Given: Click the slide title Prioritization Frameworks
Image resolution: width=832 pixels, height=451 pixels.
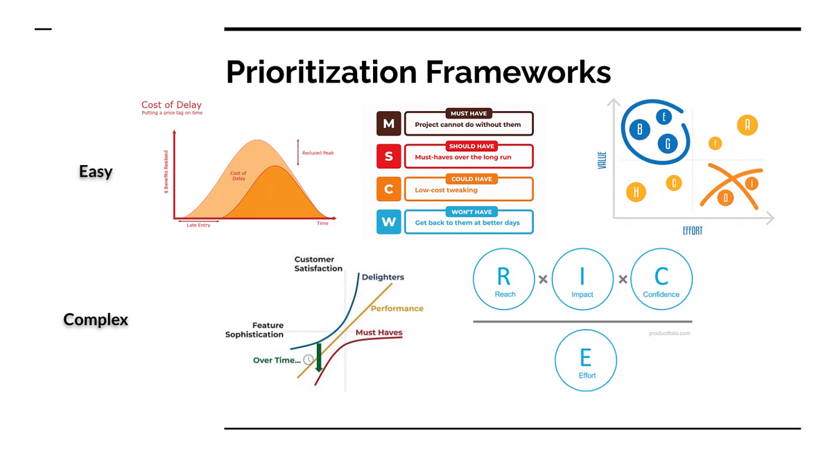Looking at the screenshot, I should point(418,72).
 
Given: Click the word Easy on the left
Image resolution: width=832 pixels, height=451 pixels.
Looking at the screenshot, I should point(96,171).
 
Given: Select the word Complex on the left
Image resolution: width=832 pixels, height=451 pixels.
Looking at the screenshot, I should point(96,319).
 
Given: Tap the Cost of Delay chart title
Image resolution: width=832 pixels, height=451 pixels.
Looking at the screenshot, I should point(171,105).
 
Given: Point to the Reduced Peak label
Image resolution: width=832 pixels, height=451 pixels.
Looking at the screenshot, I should point(318,153).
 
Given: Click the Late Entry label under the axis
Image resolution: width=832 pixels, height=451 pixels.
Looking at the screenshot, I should point(198,225).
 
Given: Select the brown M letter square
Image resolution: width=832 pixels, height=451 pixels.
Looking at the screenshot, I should point(388,124).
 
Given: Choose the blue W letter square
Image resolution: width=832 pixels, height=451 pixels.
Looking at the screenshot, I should point(388,222).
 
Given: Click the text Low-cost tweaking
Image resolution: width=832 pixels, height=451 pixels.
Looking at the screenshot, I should point(446,190).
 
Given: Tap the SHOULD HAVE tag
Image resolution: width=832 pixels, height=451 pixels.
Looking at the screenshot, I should point(471,146).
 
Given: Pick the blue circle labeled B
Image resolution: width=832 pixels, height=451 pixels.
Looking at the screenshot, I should point(639,129).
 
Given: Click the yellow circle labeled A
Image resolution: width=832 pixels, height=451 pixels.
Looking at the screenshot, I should point(747,125).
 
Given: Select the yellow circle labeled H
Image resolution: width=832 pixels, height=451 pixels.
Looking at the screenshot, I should point(636,192).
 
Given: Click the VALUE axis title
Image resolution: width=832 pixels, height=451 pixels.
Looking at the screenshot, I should point(602,160).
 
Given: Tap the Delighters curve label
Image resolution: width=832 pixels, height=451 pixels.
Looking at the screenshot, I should point(383,277).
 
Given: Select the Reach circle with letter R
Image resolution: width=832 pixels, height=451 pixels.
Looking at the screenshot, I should point(504,279).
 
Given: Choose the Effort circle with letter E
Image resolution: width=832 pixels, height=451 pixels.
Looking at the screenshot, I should point(586,360).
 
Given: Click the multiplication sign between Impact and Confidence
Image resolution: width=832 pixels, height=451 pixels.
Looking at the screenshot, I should point(623,279).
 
